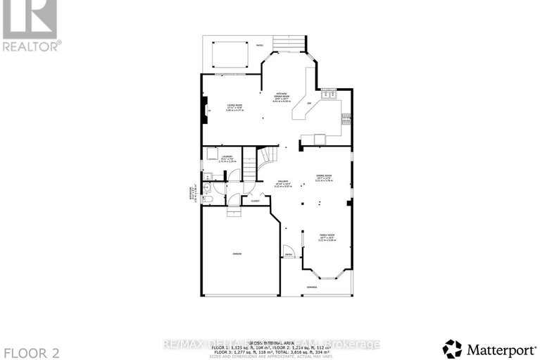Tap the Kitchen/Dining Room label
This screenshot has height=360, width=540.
[282, 94]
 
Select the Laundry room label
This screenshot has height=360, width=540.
[227, 156]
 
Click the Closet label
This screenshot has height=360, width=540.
[254, 201]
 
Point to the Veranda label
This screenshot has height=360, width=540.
[311, 287]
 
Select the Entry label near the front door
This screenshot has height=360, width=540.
[288, 255]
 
